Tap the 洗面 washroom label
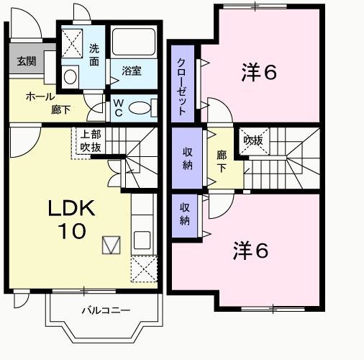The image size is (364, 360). coord(94,55)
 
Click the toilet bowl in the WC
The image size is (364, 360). coord(142,108)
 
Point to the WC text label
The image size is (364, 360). coord(119,108)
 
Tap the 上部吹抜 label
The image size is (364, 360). coord(90,140)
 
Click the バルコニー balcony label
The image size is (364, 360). coord(105,311)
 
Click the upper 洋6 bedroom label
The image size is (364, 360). coord(259,72)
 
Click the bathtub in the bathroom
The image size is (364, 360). coord(134,45)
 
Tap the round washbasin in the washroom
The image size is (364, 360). coord(70,76)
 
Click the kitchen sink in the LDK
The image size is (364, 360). coord(141,240)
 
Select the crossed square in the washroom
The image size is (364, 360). coord(71,44)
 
